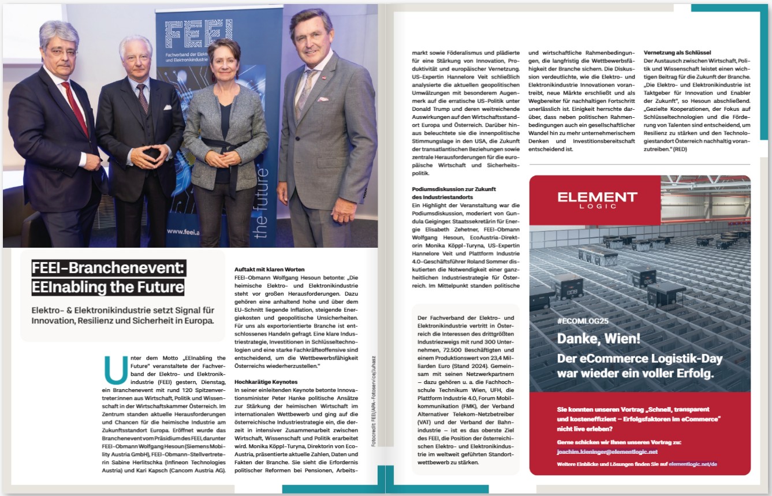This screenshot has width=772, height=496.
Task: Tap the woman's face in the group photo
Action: [x=225, y=60]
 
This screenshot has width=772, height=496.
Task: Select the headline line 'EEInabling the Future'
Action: [x=108, y=286]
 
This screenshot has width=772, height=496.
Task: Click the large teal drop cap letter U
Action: [x=116, y=370]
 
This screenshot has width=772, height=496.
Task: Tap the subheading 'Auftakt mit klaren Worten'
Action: [x=270, y=269]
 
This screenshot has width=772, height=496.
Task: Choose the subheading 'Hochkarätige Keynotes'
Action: [x=265, y=382]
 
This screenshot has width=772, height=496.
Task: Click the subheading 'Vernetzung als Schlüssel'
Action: [x=677, y=52]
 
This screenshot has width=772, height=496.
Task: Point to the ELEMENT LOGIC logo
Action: [x=597, y=199]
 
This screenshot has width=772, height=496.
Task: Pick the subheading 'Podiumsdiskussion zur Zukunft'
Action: [x=453, y=189]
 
